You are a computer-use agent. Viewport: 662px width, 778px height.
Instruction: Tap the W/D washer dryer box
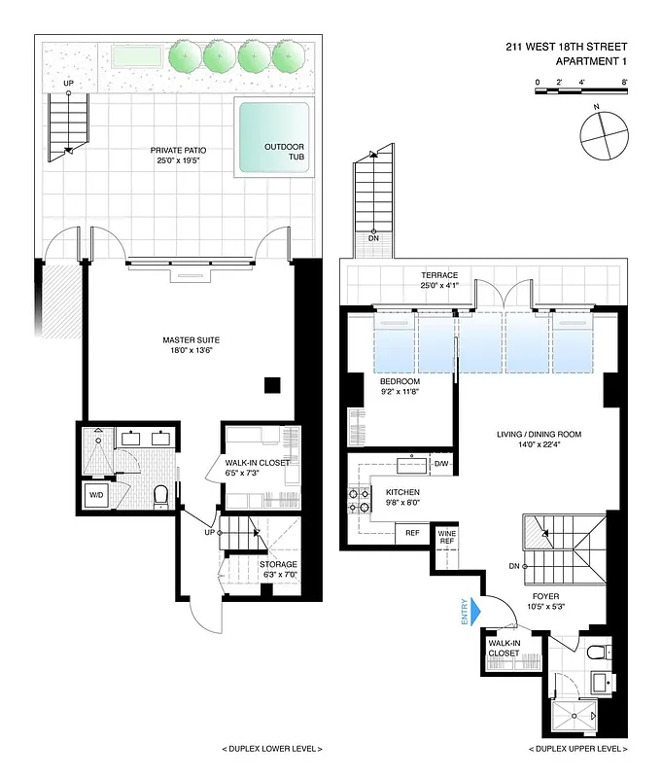click(97, 495)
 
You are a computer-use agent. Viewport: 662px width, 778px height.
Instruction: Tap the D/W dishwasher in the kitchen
click(441, 464)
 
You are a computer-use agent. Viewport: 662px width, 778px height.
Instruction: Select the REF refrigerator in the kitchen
click(412, 532)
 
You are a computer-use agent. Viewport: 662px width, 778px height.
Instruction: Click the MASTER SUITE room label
click(188, 340)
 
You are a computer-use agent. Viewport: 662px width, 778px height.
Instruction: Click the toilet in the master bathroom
click(161, 496)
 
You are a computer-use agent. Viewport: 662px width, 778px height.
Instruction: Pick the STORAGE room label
click(278, 564)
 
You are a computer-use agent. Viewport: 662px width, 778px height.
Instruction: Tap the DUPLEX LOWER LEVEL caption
click(273, 749)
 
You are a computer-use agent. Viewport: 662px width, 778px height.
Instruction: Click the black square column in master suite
click(273, 384)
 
